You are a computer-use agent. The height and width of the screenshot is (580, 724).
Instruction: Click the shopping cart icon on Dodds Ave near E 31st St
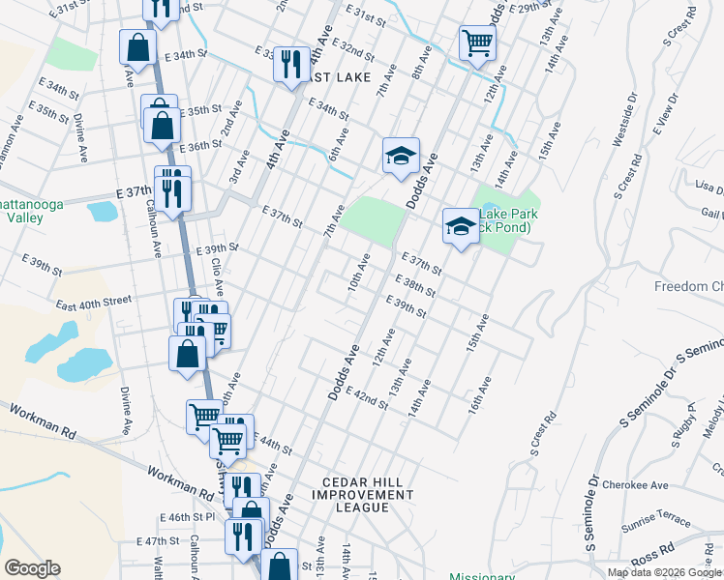coord(476,43)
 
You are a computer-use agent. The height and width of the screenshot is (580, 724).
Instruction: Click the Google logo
coord(33,568)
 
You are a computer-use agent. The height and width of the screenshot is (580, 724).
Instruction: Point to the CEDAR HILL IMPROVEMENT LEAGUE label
coord(363,488)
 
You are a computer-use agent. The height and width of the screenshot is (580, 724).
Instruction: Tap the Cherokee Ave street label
coord(635,485)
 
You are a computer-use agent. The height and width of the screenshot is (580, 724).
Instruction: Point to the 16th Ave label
coord(474,395)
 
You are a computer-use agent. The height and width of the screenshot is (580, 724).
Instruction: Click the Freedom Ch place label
coord(688,287)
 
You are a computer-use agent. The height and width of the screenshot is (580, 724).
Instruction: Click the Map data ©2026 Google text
coord(663,572)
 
